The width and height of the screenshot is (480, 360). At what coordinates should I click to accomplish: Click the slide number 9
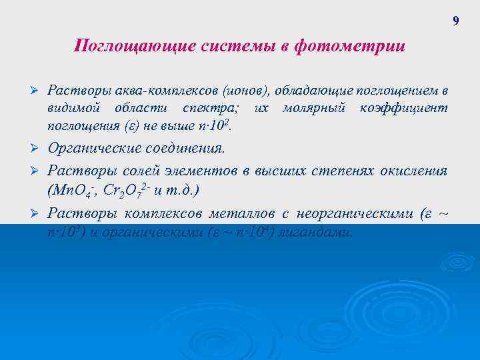[x=455, y=21]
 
